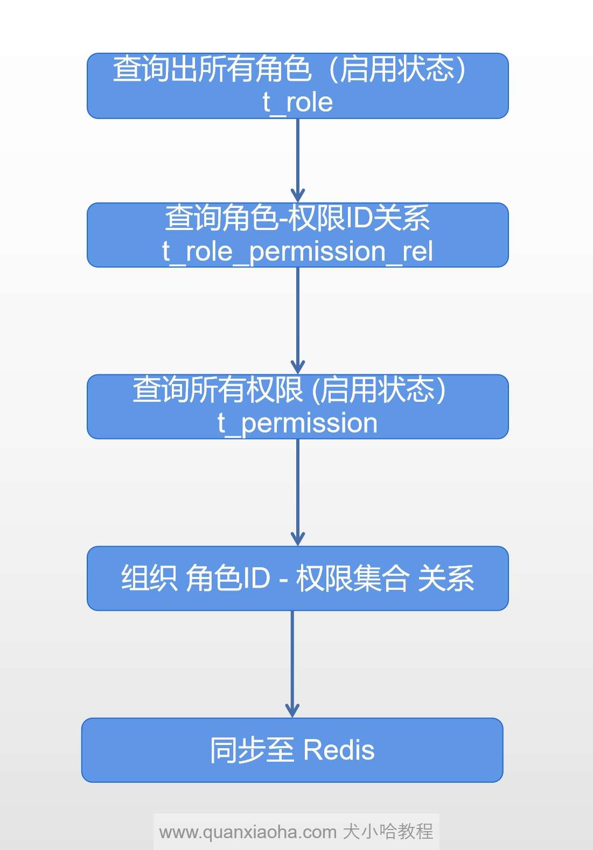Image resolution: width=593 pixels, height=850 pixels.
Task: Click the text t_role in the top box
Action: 297,102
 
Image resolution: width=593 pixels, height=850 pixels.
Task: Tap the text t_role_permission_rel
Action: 297,252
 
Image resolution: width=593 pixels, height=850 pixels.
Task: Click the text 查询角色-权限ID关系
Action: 297,218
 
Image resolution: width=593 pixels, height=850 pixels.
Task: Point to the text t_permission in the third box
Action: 297,423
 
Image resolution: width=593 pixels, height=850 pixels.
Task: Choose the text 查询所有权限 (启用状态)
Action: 289,390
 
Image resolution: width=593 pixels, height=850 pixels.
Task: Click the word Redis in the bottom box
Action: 339,750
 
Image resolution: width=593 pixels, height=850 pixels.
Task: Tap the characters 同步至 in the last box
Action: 252,750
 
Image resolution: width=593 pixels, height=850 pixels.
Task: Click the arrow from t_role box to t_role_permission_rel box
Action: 298,156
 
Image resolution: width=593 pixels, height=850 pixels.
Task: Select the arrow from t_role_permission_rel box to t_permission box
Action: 298,318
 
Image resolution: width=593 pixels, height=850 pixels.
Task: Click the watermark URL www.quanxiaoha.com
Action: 248,832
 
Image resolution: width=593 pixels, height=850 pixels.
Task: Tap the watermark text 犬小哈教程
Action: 388,832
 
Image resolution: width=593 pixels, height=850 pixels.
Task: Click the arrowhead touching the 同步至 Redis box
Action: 292,710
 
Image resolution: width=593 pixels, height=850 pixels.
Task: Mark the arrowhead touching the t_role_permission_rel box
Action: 298,195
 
